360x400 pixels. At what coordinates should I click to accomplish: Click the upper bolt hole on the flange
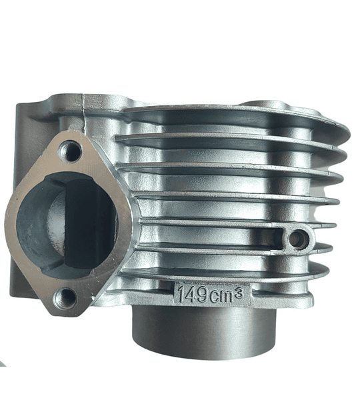pyautogui.click(x=69, y=151)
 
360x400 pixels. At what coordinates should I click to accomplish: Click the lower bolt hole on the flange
pyautogui.click(x=65, y=298)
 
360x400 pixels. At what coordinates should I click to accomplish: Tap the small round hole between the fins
pyautogui.click(x=297, y=239)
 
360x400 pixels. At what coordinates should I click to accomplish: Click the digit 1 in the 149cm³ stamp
pyautogui.click(x=181, y=293)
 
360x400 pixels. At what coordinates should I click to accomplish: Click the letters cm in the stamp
pyautogui.click(x=221, y=296)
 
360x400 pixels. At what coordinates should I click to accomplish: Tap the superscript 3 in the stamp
pyautogui.click(x=239, y=291)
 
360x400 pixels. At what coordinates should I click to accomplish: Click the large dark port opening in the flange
pyautogui.click(x=67, y=225)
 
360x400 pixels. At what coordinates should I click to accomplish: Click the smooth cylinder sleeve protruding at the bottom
pyautogui.click(x=203, y=331)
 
